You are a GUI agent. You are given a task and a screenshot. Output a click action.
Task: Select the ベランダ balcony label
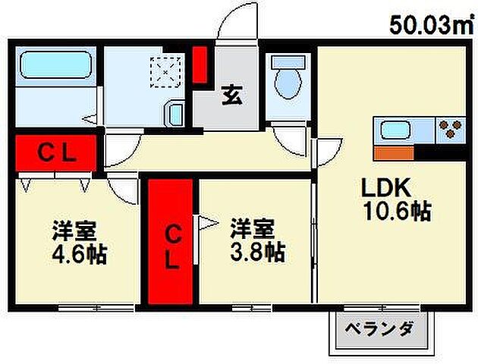[x=379, y=330]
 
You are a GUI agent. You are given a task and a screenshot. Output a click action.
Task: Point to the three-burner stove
[x=451, y=130]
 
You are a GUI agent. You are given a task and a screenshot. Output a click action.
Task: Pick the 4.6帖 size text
[x=79, y=254]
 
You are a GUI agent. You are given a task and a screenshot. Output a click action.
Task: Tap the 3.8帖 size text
[x=258, y=251]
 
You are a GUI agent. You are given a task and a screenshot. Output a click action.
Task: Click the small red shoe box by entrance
[x=200, y=65]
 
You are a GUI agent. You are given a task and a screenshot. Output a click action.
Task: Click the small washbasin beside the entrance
[x=175, y=116]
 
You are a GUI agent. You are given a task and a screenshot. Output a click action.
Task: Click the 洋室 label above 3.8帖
[x=253, y=227]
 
